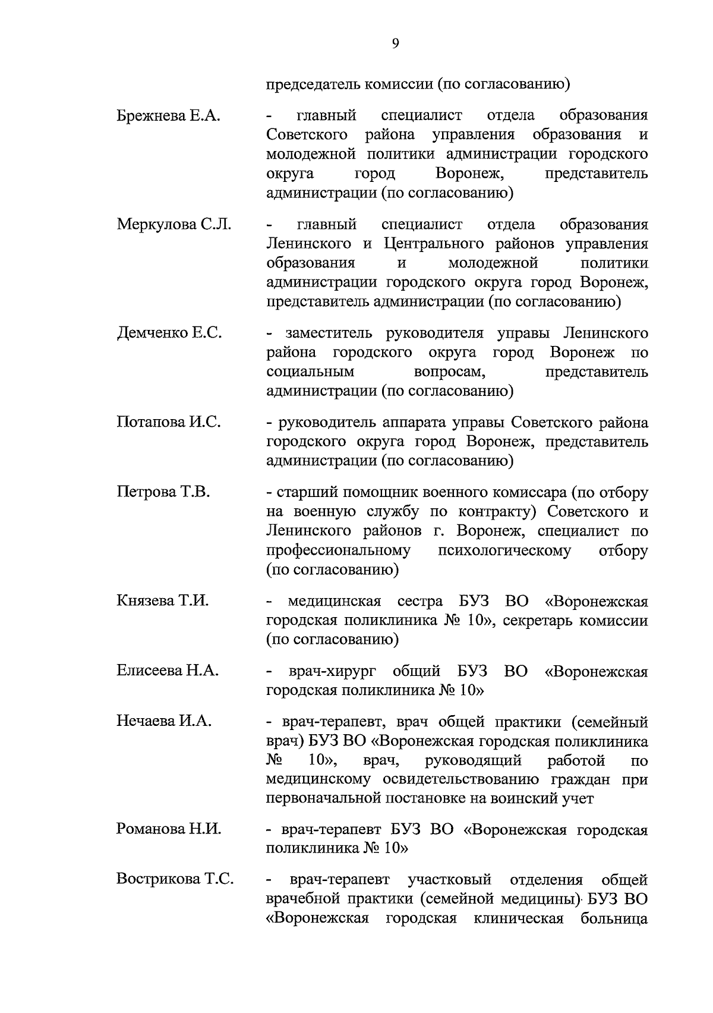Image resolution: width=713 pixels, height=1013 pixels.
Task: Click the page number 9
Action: (396, 43)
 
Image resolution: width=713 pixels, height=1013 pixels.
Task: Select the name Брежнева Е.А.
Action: (168, 115)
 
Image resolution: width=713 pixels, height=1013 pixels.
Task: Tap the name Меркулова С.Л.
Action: (174, 225)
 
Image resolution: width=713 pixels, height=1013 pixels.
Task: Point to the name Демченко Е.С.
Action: (169, 333)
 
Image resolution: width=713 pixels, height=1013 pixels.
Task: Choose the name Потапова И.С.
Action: (169, 422)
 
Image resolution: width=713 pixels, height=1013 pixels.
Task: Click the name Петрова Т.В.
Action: (163, 492)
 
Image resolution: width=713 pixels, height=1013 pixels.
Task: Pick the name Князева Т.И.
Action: (163, 600)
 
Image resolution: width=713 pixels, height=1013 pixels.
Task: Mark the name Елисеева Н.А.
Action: (168, 671)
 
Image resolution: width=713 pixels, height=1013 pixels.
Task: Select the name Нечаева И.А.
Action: (164, 721)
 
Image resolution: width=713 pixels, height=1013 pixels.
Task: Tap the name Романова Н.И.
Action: (169, 829)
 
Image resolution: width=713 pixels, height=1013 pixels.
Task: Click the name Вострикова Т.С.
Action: (175, 879)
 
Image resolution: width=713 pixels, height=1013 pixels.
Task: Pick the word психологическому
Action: (504, 550)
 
